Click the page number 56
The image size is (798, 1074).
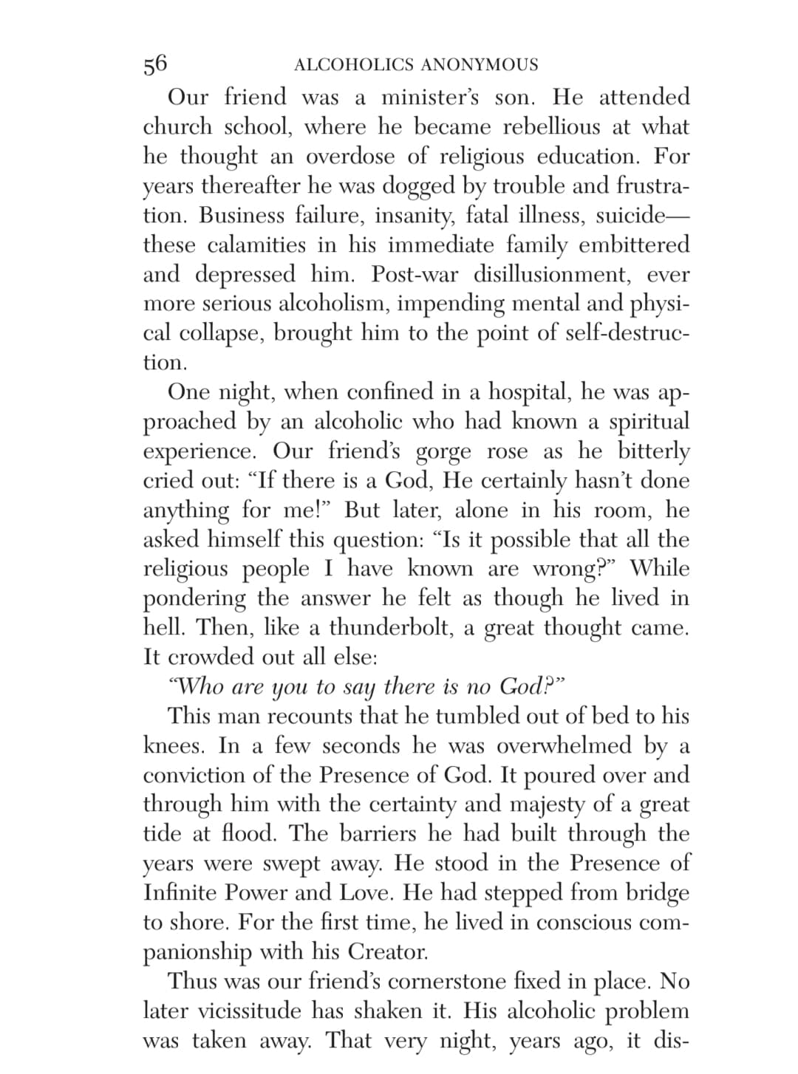point(155,64)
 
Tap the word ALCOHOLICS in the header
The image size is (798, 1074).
point(354,65)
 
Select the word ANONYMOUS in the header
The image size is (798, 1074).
point(480,65)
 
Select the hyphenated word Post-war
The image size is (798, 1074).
point(415,274)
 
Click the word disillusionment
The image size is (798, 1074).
point(552,274)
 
